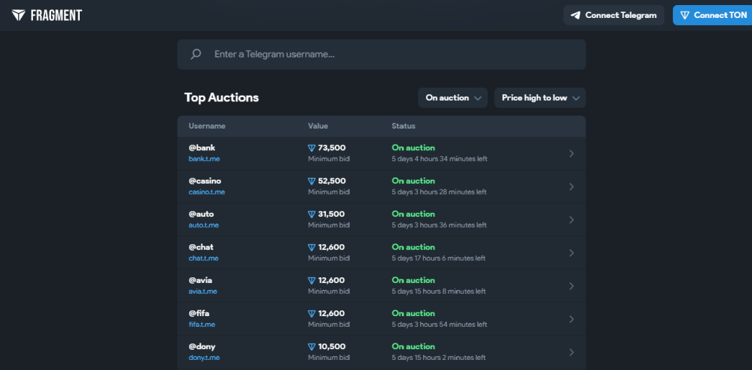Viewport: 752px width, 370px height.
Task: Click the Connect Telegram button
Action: point(613,15)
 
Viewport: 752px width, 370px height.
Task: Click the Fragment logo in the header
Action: point(47,15)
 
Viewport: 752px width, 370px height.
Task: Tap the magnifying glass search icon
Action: point(195,54)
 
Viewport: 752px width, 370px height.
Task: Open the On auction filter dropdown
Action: point(452,98)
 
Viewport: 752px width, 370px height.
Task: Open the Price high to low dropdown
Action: point(540,98)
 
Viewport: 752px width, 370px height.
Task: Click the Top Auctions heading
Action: point(221,98)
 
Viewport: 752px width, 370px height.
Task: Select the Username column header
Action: point(207,126)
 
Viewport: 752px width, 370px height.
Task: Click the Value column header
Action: point(318,126)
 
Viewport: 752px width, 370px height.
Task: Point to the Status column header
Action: point(404,126)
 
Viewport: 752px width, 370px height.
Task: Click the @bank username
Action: point(202,148)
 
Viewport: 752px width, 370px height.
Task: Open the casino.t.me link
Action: point(207,192)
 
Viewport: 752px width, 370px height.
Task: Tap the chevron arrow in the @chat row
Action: point(571,253)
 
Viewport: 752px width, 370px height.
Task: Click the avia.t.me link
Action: point(203,291)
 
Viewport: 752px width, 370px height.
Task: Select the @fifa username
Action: point(199,313)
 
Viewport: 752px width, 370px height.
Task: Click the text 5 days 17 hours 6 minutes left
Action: point(438,258)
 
